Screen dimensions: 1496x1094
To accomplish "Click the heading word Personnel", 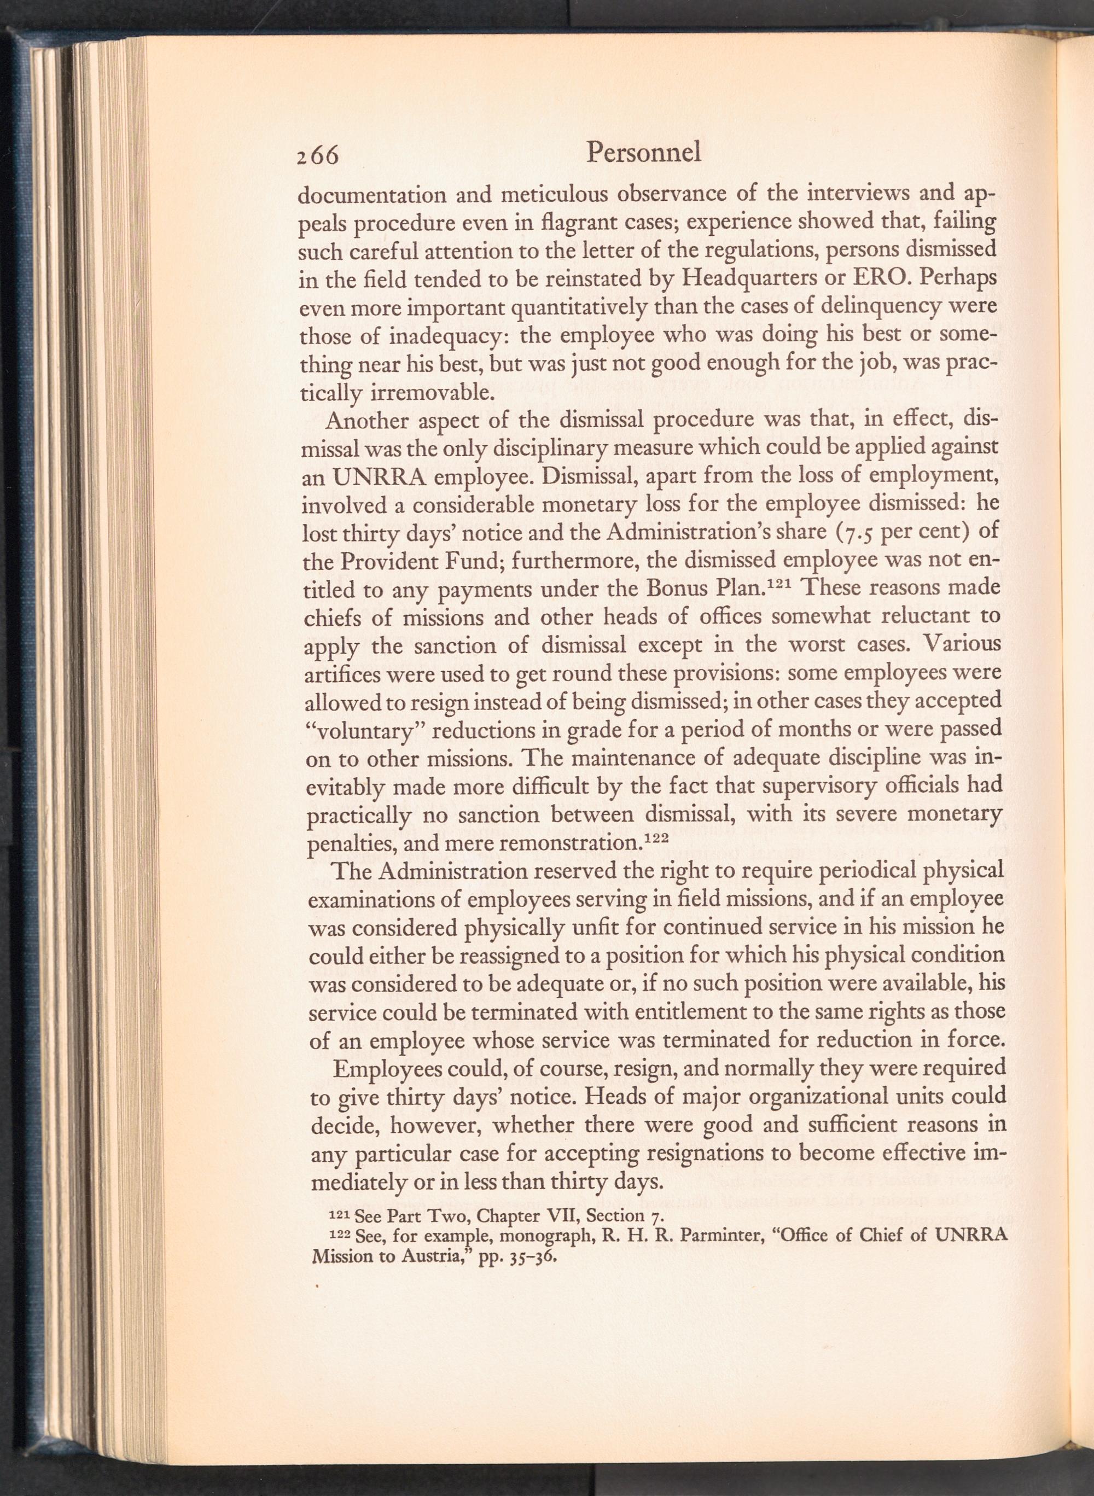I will coord(644,153).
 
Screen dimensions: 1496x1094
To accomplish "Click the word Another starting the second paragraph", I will coord(368,421).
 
